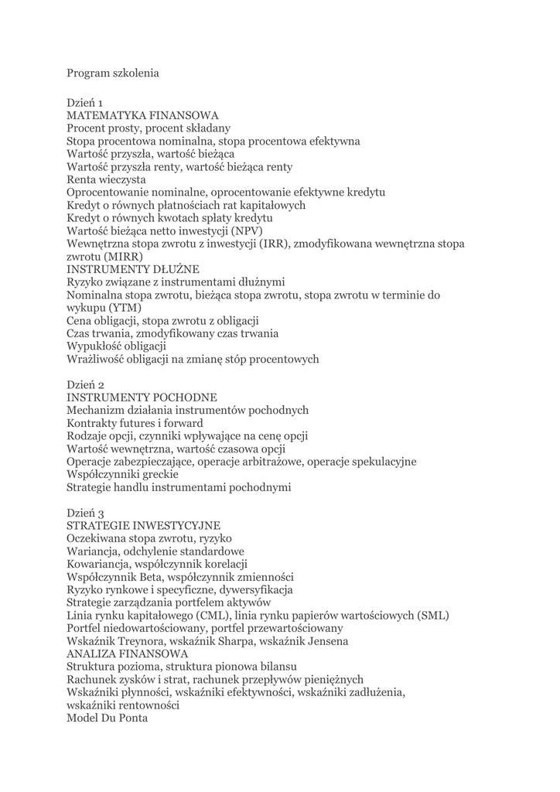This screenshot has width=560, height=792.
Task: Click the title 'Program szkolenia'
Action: coord(113,73)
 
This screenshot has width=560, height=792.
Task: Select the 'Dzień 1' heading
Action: coord(85,102)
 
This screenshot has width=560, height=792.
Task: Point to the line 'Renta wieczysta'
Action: coord(106,179)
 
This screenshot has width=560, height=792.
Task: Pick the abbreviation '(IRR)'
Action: coord(274,244)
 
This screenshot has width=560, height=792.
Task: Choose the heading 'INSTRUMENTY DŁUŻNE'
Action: coord(133,269)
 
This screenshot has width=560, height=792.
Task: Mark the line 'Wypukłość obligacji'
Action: coord(116,346)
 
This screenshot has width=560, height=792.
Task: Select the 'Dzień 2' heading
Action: coord(86,384)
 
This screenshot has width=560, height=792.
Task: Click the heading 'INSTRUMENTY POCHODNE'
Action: coord(142,398)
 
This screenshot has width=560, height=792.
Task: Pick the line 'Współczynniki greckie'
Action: coord(122,474)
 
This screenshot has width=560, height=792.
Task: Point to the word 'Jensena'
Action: coord(325,641)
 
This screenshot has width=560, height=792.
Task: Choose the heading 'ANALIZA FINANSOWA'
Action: coord(127,654)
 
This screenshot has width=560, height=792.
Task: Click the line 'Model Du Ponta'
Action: coord(107,718)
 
